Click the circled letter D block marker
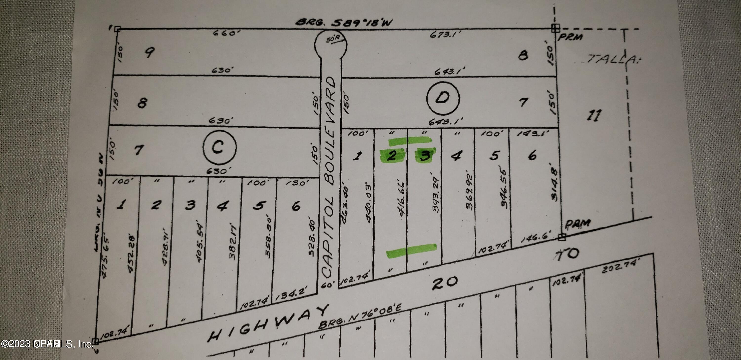443,98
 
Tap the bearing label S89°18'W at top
344,22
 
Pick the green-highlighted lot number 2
391,156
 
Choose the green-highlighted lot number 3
425,156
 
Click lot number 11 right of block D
594,115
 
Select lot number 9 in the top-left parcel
149,52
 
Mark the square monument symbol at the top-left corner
117,29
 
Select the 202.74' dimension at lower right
621,266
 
